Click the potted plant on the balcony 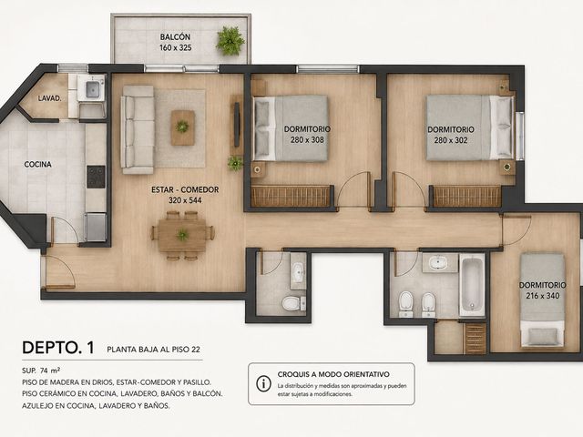click(x=230, y=40)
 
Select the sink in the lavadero click(x=93, y=89)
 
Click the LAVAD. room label click(x=49, y=98)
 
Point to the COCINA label click(x=38, y=164)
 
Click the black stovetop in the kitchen click(x=96, y=177)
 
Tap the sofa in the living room click(x=138, y=130)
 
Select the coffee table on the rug click(x=182, y=127)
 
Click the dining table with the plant click(x=182, y=235)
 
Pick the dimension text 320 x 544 click(x=185, y=200)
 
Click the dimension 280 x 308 click(x=307, y=140)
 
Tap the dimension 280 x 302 click(x=451, y=140)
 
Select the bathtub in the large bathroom click(x=472, y=284)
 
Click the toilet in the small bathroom click(x=292, y=303)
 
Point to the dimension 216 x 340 click(x=543, y=296)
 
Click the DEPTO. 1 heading click(x=58, y=348)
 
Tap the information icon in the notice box click(x=263, y=383)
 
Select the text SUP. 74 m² click(x=41, y=371)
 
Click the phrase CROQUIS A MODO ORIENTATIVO click(x=333, y=374)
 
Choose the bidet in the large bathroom click(x=429, y=304)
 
